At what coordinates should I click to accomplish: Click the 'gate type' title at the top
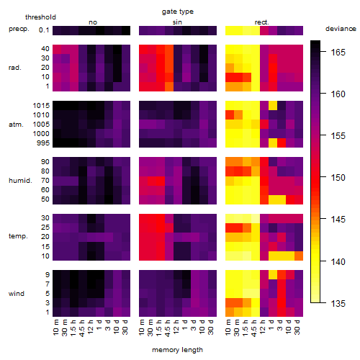178,12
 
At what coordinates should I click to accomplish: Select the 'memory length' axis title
178,350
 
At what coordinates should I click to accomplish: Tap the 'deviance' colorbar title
341,29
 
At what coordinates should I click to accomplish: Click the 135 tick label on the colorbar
338,303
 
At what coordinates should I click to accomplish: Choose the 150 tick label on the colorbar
338,178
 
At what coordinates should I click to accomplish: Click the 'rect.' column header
262,22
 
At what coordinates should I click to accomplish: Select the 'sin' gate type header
177,22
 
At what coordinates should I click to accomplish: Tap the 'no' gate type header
93,22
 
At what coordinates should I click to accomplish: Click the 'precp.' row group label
19,29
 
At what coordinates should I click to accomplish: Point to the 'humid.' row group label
20,181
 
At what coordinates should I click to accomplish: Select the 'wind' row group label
17,294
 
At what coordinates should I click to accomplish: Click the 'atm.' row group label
16,125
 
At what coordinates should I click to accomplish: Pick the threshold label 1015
41,105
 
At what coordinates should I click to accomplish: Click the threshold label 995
43,143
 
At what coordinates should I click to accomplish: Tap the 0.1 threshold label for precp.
44,30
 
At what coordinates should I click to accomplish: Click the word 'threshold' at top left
40,17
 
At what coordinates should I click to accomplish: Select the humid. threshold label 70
45,181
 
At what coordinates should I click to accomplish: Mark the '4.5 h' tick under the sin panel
168,328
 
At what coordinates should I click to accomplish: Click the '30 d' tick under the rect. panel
297,327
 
